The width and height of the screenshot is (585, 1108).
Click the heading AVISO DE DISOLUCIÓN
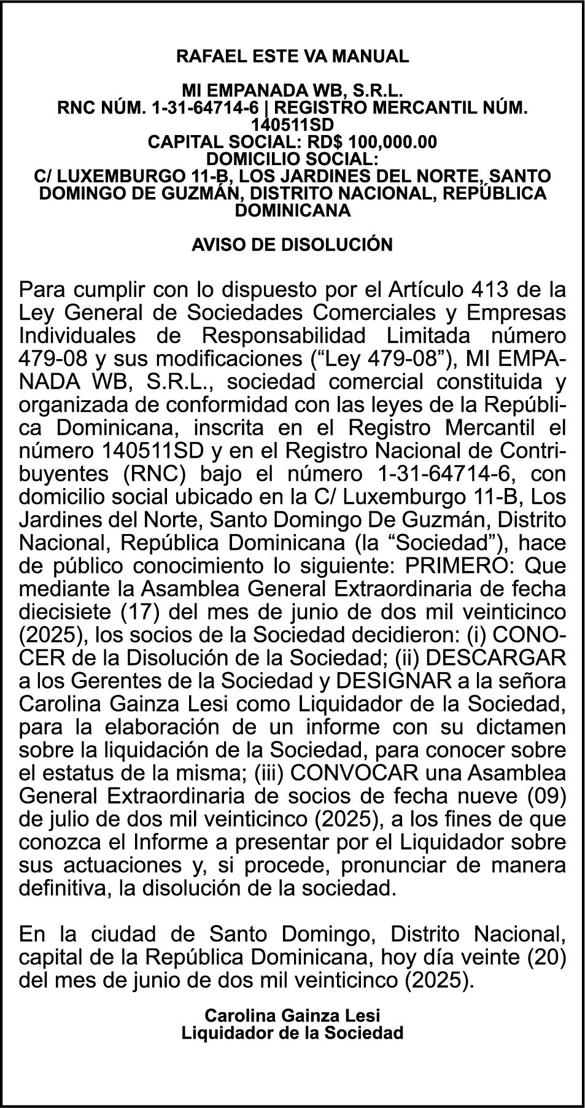(292, 244)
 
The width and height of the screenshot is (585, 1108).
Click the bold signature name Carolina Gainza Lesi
(292, 1014)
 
